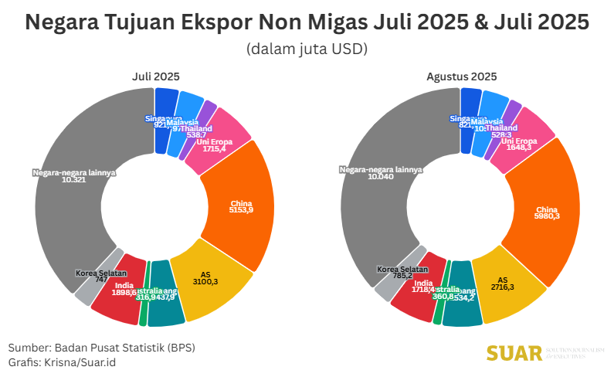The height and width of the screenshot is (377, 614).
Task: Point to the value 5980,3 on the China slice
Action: pyautogui.click(x=547, y=216)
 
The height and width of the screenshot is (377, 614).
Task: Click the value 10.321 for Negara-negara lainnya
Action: pyautogui.click(x=73, y=179)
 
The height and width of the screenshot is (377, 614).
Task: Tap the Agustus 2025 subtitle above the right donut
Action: pyautogui.click(x=461, y=76)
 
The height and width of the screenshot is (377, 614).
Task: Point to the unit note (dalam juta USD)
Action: pyautogui.click(x=307, y=49)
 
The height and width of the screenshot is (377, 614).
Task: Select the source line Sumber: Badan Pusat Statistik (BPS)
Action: pyautogui.click(x=101, y=347)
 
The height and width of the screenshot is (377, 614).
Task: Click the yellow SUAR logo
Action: pyautogui.click(x=514, y=353)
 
